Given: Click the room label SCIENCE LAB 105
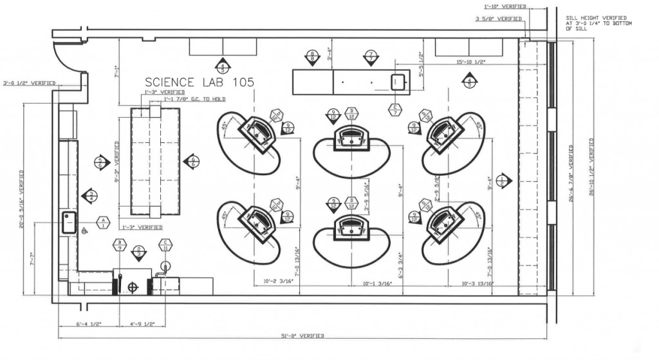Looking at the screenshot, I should point(199,82).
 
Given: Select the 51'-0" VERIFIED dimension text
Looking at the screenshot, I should point(302,337).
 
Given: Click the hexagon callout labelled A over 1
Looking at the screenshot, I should point(101,223).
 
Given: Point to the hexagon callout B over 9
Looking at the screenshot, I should point(118,244).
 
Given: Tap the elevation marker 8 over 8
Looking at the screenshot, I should point(312,55).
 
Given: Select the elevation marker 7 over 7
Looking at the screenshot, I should point(371,55).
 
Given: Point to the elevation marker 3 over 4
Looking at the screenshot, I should point(91,196).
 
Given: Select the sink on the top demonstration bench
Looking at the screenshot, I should point(396,82).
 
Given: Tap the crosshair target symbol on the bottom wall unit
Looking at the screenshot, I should point(133,287).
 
